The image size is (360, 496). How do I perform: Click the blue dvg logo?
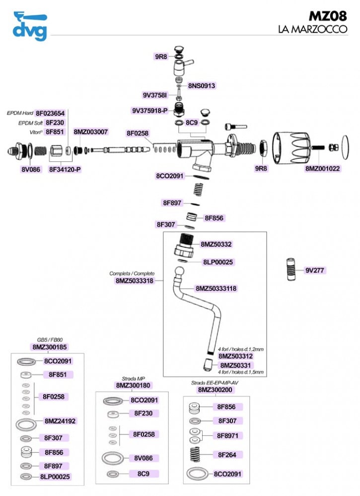point(30,26)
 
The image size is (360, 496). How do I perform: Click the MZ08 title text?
point(328,16)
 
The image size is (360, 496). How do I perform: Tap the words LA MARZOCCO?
point(312,29)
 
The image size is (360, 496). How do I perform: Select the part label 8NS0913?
point(202,86)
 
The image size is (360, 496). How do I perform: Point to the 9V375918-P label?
point(150,111)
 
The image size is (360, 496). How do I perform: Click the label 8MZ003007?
point(91,132)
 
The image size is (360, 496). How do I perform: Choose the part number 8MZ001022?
point(322,169)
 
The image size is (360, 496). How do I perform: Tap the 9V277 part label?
point(314,271)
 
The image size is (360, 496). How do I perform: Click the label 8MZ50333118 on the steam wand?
point(216,288)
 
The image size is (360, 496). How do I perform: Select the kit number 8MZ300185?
point(50,347)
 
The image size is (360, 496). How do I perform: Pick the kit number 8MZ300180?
point(133,385)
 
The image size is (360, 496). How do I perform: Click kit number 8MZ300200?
point(215,390)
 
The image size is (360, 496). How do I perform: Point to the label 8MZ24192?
point(60,421)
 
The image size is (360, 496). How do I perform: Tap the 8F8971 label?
point(227,435)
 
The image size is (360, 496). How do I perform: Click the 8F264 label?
point(227,455)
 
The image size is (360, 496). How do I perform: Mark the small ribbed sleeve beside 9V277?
point(290,270)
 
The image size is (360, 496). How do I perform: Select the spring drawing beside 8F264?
point(196,454)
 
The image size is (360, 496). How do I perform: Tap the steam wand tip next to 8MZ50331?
point(208,365)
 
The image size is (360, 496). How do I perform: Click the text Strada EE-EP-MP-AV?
point(215,383)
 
